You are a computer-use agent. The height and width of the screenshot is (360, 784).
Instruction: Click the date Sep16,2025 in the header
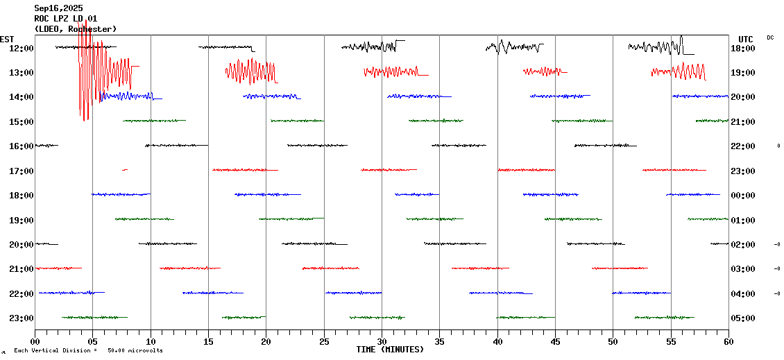click(58, 8)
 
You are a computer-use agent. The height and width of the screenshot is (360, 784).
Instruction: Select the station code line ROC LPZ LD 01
click(65, 19)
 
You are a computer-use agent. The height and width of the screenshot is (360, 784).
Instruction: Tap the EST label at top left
click(7, 39)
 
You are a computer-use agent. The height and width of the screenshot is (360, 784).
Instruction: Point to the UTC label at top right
click(746, 39)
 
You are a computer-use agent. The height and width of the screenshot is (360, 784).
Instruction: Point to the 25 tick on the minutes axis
click(324, 341)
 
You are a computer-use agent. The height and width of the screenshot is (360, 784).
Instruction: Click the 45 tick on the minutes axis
click(555, 341)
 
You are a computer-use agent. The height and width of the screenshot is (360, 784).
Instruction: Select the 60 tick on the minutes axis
click(728, 341)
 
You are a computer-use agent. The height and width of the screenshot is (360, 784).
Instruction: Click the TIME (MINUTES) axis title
click(390, 350)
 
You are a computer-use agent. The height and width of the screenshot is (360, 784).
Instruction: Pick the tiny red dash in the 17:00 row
click(125, 169)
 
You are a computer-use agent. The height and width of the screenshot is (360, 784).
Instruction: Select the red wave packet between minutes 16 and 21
click(250, 71)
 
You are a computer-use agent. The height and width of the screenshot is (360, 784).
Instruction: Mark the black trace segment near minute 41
click(513, 47)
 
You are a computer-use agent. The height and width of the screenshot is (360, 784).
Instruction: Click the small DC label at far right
click(770, 37)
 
